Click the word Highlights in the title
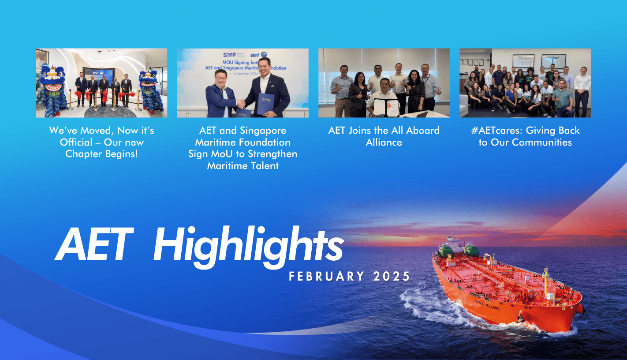tap(248, 248)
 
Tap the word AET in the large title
tap(93, 245)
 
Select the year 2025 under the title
tap(392, 277)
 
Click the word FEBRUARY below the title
tap(327, 277)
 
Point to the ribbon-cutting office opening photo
tap(101, 82)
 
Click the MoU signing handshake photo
tap(243, 82)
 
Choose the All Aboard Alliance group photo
tap(384, 82)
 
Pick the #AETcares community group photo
tap(525, 82)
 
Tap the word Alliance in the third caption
tap(384, 142)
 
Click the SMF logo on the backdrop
tap(229, 55)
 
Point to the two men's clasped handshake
tap(241, 103)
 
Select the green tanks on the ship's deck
tap(459, 251)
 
